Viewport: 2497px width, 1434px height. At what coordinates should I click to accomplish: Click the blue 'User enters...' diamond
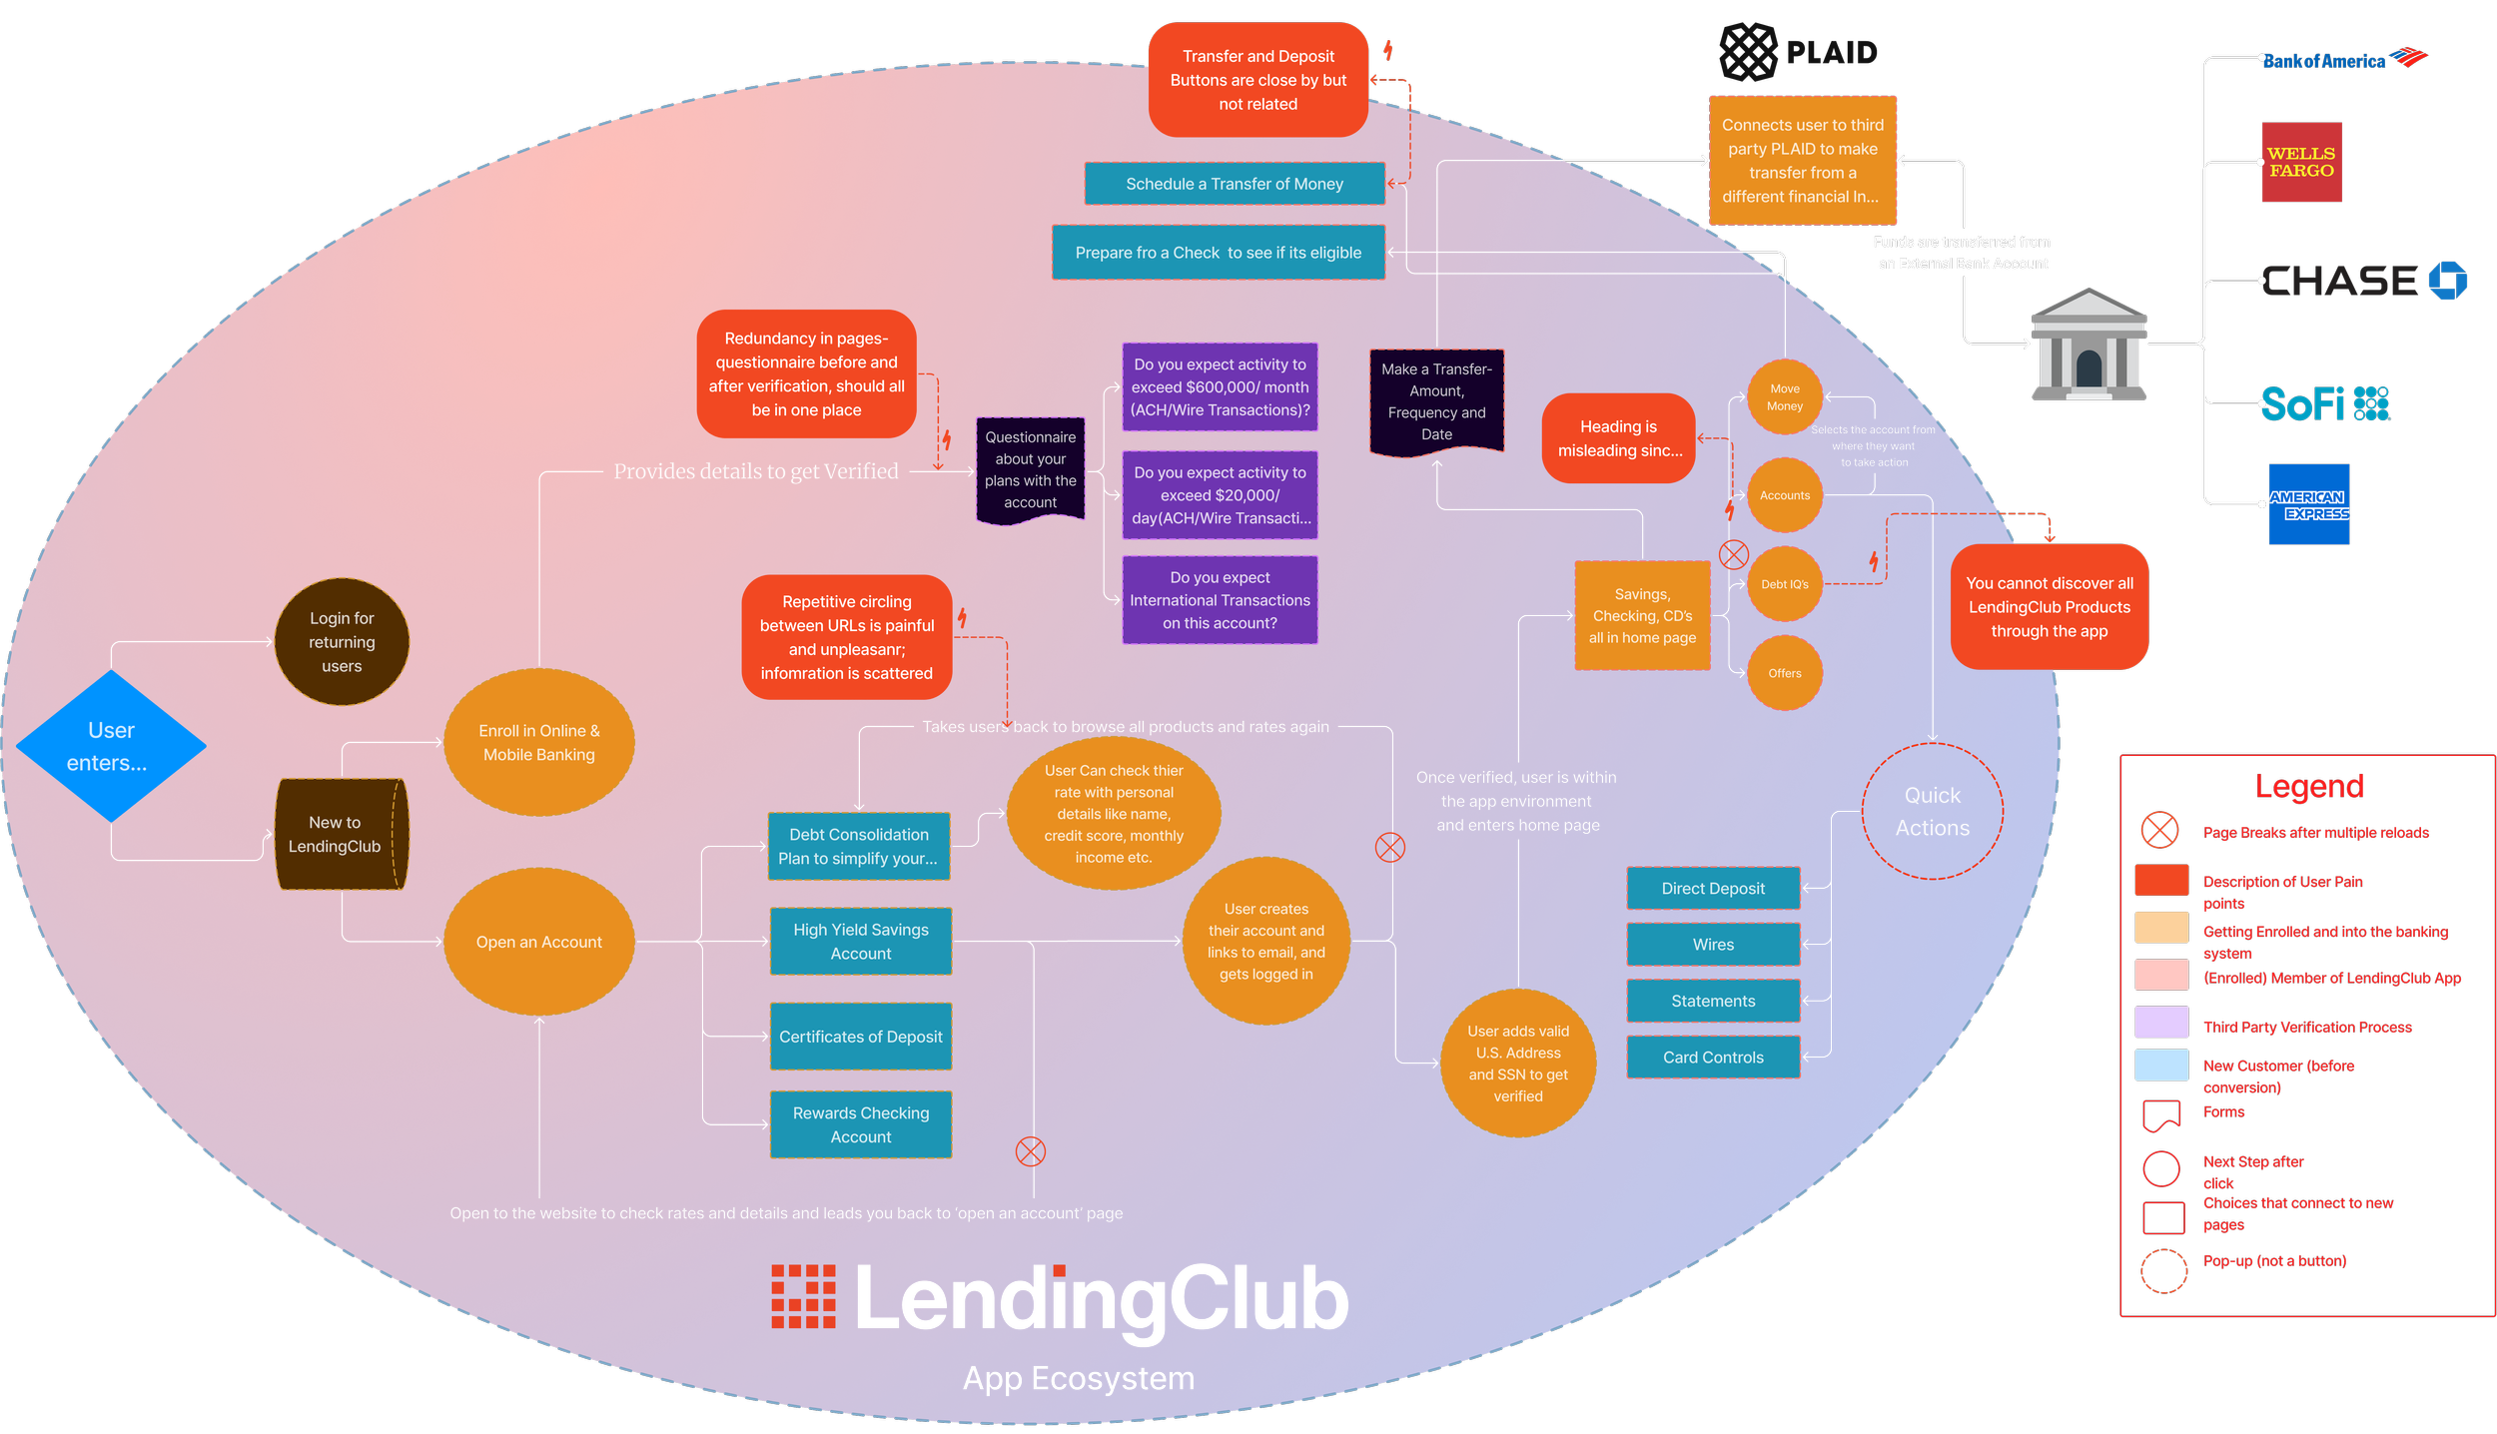click(111, 746)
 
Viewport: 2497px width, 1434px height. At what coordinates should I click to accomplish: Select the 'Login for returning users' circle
click(342, 642)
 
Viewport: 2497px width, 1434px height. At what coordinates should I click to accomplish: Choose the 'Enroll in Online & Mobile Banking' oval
click(539, 743)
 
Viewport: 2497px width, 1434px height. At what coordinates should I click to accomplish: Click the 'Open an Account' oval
click(539, 942)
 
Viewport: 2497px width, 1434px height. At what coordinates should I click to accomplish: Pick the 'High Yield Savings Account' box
click(860, 942)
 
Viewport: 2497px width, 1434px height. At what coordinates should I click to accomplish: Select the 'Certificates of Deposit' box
click(860, 1037)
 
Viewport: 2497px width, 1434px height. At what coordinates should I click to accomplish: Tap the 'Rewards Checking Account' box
click(860, 1124)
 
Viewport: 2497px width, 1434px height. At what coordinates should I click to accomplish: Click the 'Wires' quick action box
click(1713, 945)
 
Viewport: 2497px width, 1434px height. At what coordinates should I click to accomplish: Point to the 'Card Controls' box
click(1713, 1058)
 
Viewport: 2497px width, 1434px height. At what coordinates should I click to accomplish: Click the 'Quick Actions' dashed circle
click(1933, 811)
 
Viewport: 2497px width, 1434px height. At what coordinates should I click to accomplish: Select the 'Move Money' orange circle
click(1785, 397)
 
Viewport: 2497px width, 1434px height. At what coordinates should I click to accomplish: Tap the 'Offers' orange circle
click(1785, 673)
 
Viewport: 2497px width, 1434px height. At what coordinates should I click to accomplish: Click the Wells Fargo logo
click(2301, 162)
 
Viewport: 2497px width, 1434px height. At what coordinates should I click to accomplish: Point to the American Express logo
click(2309, 504)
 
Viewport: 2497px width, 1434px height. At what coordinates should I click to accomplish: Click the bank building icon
click(2089, 345)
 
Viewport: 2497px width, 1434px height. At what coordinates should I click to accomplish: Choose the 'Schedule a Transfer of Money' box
click(1235, 184)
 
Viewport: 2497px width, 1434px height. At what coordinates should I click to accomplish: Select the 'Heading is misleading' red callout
click(1619, 438)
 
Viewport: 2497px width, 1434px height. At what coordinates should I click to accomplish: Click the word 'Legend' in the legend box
click(2309, 787)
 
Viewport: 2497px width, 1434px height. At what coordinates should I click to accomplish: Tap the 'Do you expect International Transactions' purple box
click(1220, 600)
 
